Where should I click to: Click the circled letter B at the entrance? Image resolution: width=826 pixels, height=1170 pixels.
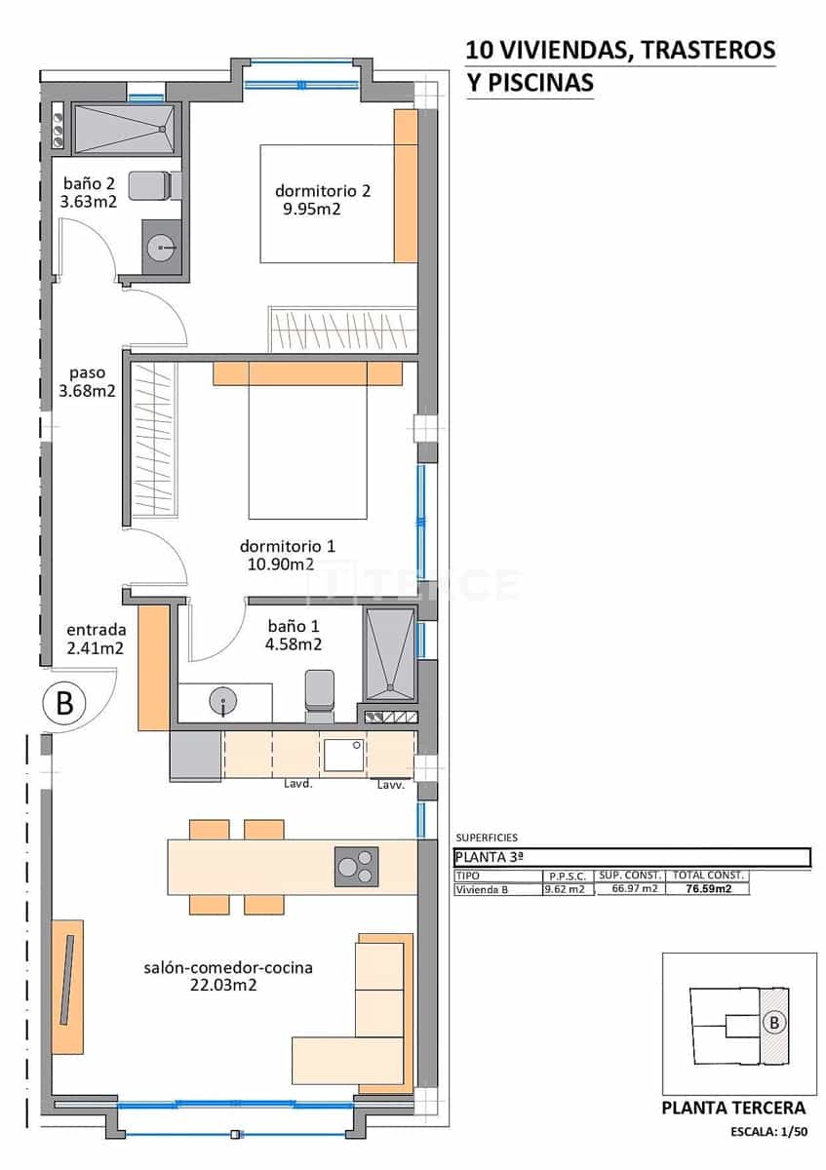point(64,703)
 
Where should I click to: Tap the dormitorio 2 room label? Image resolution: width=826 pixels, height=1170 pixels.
point(322,190)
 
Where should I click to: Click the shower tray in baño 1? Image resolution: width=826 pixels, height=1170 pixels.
point(389,654)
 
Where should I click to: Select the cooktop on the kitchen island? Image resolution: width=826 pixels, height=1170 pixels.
point(356,866)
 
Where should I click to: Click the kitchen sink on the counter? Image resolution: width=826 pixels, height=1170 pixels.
point(344,754)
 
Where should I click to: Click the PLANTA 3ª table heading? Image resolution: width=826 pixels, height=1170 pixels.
point(490,857)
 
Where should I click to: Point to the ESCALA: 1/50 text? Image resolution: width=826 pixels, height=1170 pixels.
point(768,1132)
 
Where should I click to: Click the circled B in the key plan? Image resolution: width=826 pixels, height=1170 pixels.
point(773,1023)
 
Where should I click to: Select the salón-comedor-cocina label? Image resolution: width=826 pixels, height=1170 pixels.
point(227,968)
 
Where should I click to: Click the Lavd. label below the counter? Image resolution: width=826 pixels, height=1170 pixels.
point(297,784)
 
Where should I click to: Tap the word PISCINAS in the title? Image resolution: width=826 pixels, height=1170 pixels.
point(540,84)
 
